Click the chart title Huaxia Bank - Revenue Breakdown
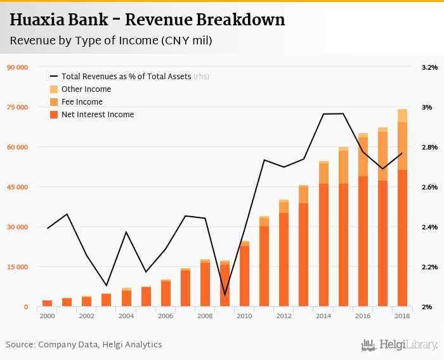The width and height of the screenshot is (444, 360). click(x=147, y=20)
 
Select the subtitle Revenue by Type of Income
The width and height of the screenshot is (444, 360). click(x=110, y=41)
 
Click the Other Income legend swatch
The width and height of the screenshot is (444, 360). click(x=54, y=89)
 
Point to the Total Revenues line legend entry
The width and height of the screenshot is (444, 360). click(x=129, y=77)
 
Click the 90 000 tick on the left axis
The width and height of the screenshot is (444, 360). click(x=18, y=67)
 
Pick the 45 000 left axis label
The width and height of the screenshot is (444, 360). click(x=18, y=187)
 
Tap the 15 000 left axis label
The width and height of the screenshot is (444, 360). click(x=18, y=267)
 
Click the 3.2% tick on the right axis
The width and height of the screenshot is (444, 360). click(x=429, y=67)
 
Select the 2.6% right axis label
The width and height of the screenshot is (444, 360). click(x=429, y=187)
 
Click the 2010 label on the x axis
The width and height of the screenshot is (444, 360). click(x=244, y=316)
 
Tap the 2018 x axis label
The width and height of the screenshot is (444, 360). click(x=402, y=316)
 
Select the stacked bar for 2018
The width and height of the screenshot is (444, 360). click(x=402, y=209)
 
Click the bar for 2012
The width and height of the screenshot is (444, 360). click(x=284, y=254)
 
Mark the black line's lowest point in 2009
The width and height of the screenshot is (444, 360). click(x=225, y=295)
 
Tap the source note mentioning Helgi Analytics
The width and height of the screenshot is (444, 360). click(x=84, y=345)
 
